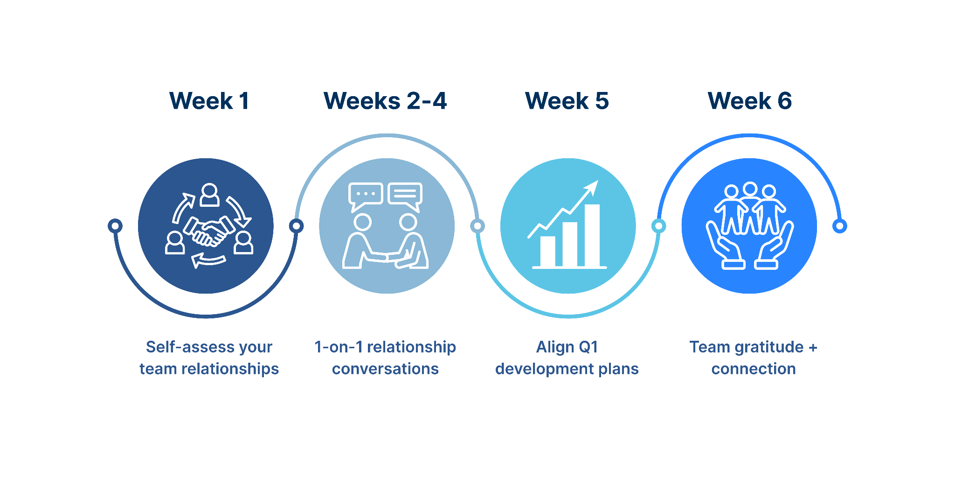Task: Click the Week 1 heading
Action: point(209,101)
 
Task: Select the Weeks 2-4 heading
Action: point(385,101)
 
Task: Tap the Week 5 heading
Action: point(567,101)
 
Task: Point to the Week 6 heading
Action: point(750,101)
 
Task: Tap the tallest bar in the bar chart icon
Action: point(592,235)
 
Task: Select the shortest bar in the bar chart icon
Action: point(548,251)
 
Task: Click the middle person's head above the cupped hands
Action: point(750,189)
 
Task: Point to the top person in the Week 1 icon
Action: point(209,195)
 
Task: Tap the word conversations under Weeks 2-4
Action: point(385,369)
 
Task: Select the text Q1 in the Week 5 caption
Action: point(588,347)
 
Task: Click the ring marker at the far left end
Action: point(115,226)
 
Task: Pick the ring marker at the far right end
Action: point(840,226)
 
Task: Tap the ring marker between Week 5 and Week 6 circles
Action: point(658,226)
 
